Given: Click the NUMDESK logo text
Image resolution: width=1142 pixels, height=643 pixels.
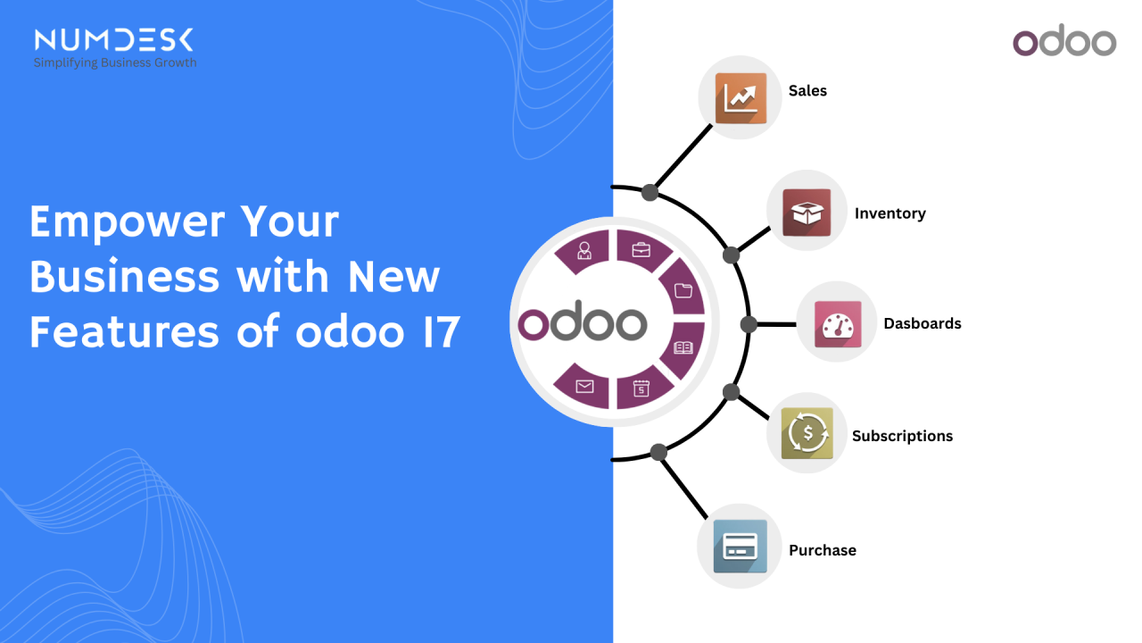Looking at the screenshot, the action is [x=113, y=40].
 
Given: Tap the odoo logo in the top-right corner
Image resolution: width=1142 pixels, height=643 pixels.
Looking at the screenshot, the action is [x=1064, y=40].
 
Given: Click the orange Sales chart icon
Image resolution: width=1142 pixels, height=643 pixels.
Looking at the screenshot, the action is [x=741, y=98].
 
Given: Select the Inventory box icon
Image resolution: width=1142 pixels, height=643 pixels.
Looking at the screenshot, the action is [x=807, y=213].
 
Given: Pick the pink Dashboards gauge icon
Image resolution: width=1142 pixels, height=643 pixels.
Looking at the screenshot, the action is [x=838, y=324].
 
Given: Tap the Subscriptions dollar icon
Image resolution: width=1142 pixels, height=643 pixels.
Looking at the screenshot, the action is [x=807, y=433].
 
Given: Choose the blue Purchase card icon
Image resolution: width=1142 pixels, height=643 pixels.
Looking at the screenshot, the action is [x=741, y=546].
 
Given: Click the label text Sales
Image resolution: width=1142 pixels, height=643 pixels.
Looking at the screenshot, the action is [x=807, y=91].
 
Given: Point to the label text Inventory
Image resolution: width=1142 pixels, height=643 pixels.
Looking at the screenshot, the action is [x=890, y=213].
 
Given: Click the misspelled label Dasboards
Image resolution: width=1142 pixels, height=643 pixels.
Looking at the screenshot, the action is [x=923, y=323].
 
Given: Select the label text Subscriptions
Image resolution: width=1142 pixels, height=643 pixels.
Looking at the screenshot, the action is [x=902, y=437].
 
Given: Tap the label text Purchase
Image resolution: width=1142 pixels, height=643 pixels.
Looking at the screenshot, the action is [x=823, y=550].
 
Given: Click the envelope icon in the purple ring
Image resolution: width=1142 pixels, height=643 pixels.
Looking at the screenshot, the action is [x=584, y=387].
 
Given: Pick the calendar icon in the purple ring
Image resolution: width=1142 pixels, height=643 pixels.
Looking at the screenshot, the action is [x=641, y=388].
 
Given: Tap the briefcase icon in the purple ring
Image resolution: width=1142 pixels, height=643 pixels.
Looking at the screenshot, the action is [x=641, y=250].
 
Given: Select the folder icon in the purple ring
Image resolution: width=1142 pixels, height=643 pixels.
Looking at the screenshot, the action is [x=683, y=290].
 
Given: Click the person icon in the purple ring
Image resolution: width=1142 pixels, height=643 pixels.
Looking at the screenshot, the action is [x=584, y=251].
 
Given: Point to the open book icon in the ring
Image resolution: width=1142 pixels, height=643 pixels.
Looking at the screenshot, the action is [x=683, y=347].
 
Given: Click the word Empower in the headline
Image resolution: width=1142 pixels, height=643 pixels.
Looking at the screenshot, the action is [x=127, y=222].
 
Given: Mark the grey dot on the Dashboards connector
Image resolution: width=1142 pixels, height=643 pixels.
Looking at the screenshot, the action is [x=749, y=324].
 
